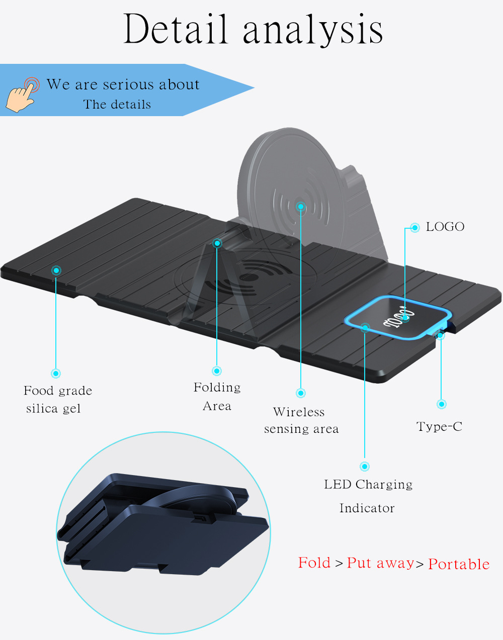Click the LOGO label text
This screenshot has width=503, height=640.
point(445,227)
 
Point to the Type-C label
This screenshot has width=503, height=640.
point(439,427)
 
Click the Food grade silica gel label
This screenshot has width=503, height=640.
point(57,399)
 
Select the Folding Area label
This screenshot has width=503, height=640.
point(217,396)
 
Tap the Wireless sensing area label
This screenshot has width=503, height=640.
point(301,420)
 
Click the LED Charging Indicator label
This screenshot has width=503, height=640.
point(368,496)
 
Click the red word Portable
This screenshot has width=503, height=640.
point(459,564)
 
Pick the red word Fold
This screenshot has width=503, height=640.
point(314,563)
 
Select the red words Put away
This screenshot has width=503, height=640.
point(381,563)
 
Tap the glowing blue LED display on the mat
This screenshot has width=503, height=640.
point(397,318)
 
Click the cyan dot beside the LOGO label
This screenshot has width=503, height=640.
point(415,228)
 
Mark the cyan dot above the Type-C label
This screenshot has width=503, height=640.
point(442,404)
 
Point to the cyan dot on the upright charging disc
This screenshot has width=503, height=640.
point(301,207)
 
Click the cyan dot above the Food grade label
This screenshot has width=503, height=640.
point(56,373)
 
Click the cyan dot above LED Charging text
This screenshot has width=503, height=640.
point(365,467)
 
